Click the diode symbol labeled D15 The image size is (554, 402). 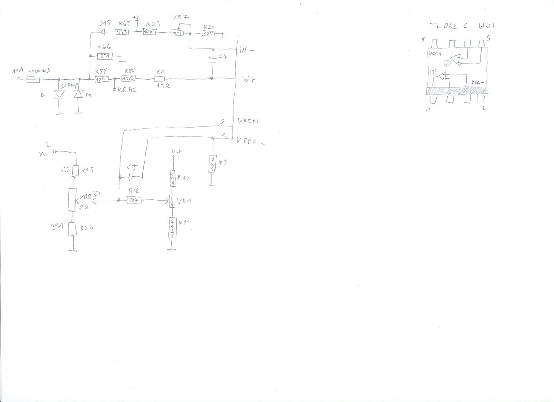coord(103,32)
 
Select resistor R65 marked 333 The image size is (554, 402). coord(122,32)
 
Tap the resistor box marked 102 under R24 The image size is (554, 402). coord(209,33)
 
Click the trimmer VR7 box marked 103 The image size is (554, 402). coord(177,33)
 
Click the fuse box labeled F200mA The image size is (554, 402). coord(33,79)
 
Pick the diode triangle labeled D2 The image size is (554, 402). coord(78,93)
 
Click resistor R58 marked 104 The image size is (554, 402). coord(101,80)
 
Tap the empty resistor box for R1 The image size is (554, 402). coord(161,79)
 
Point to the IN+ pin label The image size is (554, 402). coord(248,80)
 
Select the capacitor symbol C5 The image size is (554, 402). coord(132,177)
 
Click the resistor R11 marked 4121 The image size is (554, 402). coord(172,228)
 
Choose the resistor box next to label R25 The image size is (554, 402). coord(75,171)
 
